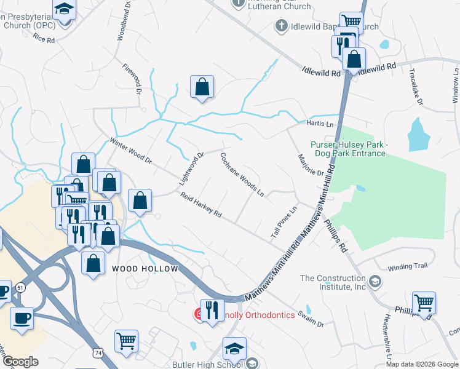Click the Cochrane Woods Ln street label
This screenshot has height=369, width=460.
pos(242,175)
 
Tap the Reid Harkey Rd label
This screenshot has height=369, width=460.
pos(201,205)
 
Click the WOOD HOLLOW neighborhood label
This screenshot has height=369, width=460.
pos(145,269)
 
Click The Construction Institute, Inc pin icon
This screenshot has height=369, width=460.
pos(376,282)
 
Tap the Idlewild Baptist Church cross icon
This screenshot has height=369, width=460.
pos(281,26)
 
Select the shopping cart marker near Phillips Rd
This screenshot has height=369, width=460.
pos(424,303)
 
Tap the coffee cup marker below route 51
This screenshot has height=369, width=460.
pos(22,319)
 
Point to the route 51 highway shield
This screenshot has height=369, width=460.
pos(20,287)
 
